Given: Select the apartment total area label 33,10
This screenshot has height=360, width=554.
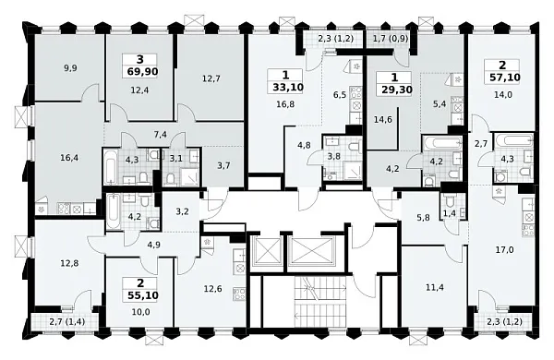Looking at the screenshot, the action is (288, 88).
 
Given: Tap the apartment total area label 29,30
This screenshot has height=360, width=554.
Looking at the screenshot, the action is (397, 90).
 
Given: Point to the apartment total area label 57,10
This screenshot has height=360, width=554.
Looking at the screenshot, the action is (505, 77).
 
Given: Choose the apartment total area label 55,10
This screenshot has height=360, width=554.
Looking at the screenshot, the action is (143, 295).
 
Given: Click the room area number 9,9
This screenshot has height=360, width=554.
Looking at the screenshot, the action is (71, 68).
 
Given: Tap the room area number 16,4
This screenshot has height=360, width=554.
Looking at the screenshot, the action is (69, 158).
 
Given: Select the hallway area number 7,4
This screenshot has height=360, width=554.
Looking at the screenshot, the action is (161, 135).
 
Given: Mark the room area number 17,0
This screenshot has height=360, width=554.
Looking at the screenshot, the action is (505, 250).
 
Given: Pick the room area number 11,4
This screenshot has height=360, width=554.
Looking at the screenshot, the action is (435, 288).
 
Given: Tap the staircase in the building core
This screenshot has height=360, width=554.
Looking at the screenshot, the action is (320, 301).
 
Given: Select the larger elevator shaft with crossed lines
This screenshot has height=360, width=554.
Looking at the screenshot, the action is (311, 251).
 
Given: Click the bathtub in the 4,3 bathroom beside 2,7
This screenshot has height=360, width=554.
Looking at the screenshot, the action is (513, 141).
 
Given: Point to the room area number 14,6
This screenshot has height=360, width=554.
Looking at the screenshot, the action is (383, 119).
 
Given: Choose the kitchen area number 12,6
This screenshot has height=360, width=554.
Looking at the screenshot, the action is (212, 289).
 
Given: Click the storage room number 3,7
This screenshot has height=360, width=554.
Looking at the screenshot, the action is (223, 165).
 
